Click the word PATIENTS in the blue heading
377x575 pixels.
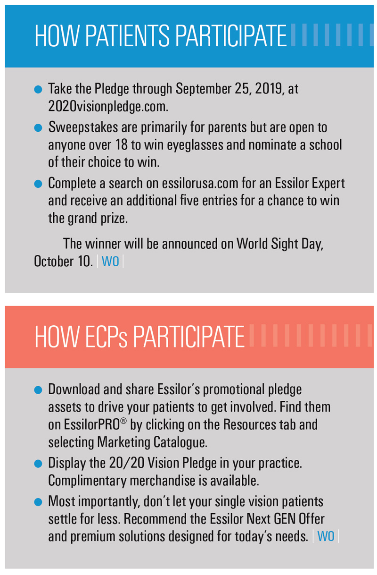pos(127,36)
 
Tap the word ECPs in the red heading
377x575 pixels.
pos(107,337)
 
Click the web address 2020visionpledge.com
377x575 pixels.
pos(108,106)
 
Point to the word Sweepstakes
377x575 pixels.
pos(83,127)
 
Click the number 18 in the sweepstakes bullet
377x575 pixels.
pos(121,144)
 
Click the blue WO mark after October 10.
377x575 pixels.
pos(110,262)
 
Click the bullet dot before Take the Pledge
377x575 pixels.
pos(38,89)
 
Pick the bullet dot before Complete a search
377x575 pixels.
pos(38,184)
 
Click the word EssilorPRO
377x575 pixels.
pos(92,424)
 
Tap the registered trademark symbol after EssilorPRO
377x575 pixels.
pos(123,421)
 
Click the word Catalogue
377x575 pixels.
pos(180,442)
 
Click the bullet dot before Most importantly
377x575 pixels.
pos(38,502)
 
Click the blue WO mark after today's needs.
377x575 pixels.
pos(326,536)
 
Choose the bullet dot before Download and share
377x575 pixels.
pos(38,390)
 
